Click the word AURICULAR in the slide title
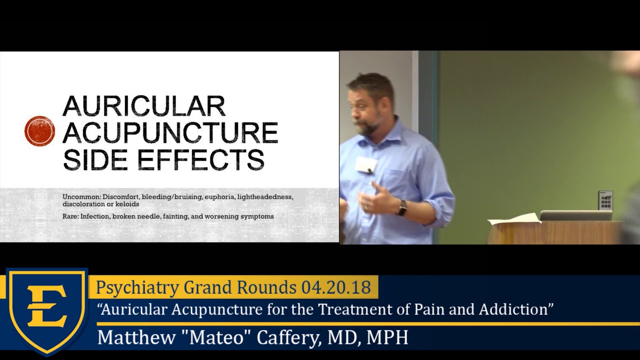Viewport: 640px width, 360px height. pos(144,106)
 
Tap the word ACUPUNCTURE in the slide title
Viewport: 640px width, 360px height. pos(170,132)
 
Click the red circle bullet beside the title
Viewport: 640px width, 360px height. pos(39,131)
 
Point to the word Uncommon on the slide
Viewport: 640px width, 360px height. pos(81,197)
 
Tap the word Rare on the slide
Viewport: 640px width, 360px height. pos(69,216)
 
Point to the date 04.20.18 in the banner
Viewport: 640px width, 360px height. pos(336,287)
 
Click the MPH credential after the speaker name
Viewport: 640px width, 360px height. pos(387,337)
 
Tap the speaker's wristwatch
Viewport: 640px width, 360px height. pos(402,207)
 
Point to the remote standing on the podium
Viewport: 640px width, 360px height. pos(605,200)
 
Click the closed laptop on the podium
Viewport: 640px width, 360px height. pos(576,215)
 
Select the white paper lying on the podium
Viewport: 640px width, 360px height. pos(514,218)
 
